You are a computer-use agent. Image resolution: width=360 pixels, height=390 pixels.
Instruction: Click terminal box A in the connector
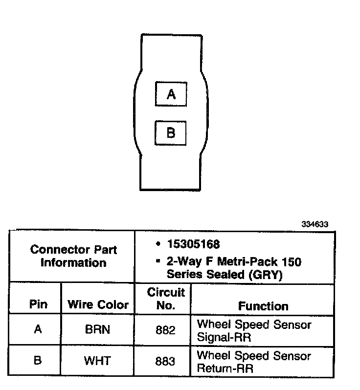click(171, 94)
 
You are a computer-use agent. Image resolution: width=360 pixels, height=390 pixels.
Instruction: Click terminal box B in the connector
click(171, 132)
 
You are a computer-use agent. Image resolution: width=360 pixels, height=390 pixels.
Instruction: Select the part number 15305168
click(193, 244)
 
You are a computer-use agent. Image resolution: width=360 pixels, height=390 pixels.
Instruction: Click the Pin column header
click(38, 305)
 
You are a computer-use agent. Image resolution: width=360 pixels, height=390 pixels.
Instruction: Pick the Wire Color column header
click(98, 305)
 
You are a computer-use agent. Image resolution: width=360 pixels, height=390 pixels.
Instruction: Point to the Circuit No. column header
click(166, 299)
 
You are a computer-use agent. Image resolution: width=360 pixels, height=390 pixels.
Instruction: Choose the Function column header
click(263, 306)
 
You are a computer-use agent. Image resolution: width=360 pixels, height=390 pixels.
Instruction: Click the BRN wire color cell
click(98, 330)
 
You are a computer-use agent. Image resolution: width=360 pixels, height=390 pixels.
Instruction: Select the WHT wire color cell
click(98, 361)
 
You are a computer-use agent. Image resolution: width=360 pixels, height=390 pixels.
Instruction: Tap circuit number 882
click(165, 330)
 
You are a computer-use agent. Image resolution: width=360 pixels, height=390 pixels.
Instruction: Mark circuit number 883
click(165, 361)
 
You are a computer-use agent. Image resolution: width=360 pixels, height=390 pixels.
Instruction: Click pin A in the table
click(38, 329)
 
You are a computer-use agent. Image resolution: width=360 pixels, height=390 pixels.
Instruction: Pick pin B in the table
click(38, 361)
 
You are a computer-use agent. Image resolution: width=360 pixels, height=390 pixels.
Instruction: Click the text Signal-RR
click(226, 338)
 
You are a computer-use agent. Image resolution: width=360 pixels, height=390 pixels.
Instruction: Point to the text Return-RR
click(225, 369)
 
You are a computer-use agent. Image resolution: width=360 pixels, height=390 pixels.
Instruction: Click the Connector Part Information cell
click(73, 256)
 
